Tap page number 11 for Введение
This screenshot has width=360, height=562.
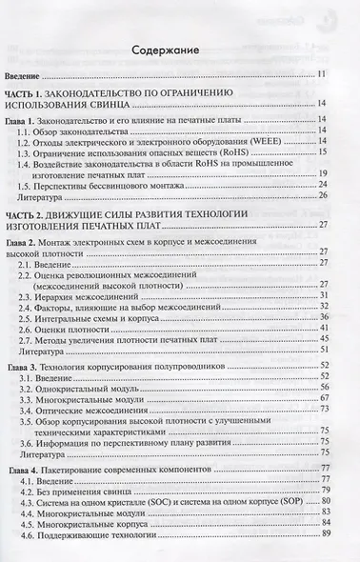[x=322, y=73]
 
